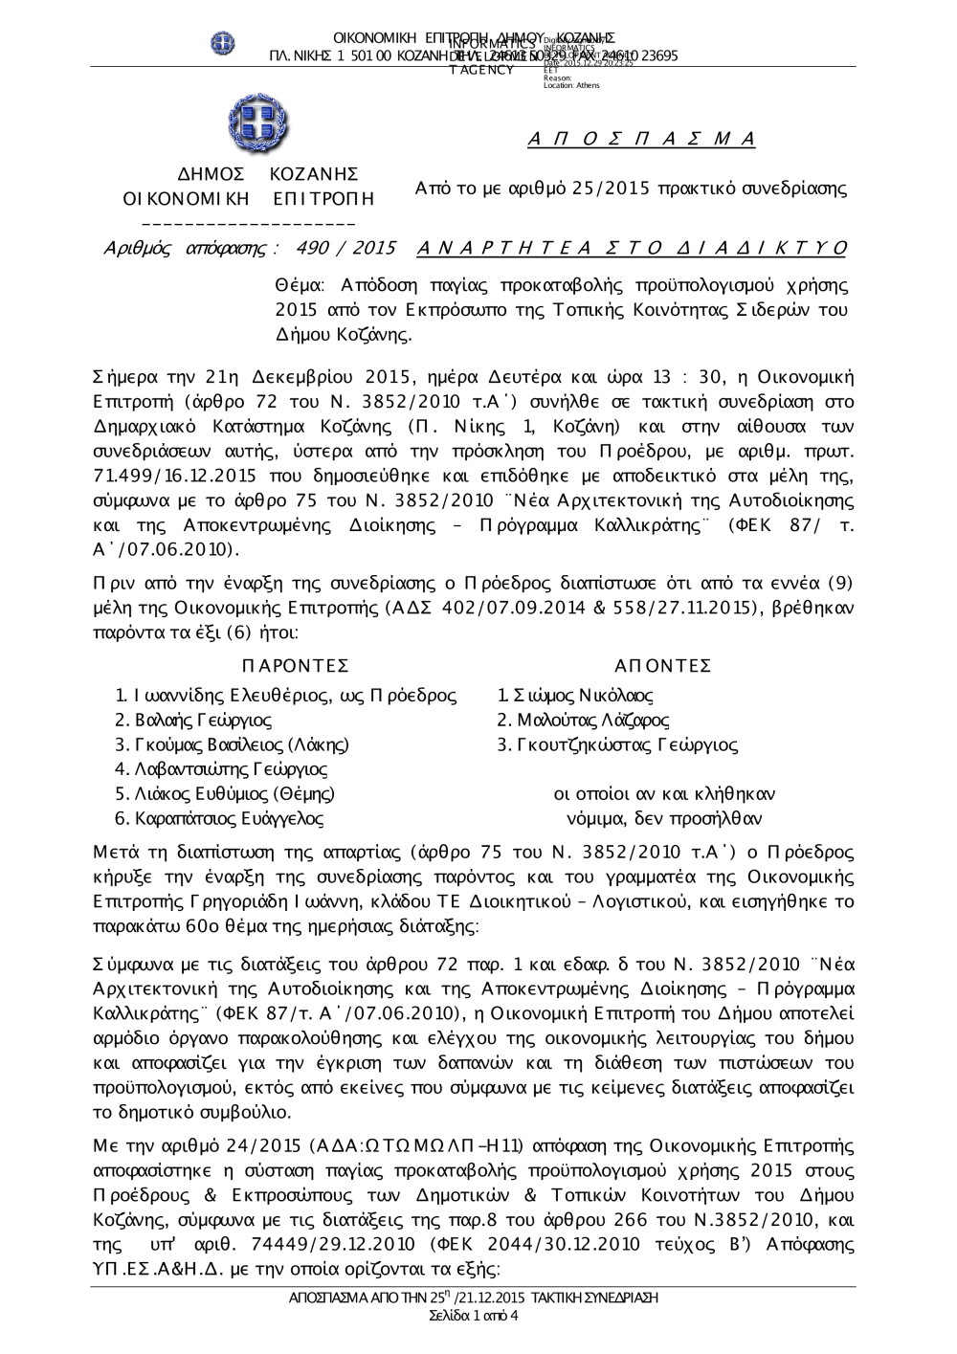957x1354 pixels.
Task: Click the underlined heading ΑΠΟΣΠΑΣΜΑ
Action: (x=641, y=140)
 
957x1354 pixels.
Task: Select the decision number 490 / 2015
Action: (x=346, y=249)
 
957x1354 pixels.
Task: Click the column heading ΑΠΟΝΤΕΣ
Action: (x=663, y=666)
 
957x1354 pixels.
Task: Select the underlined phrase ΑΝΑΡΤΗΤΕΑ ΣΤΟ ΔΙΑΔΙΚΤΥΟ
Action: (x=633, y=249)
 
